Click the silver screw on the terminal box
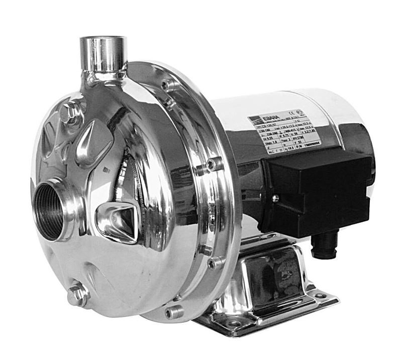pyautogui.click(x=275, y=198)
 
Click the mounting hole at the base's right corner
pyautogui.click(x=320, y=296)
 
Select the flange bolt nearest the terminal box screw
pyautogui.click(x=216, y=163)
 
